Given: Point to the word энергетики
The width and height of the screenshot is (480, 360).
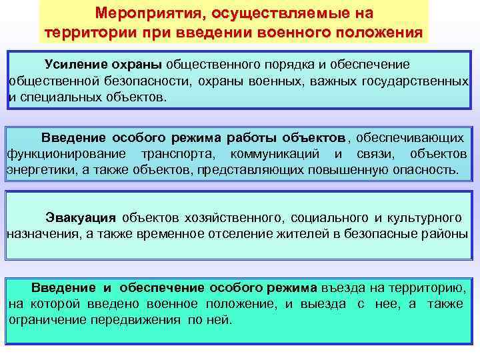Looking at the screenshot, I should coord(37,170).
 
